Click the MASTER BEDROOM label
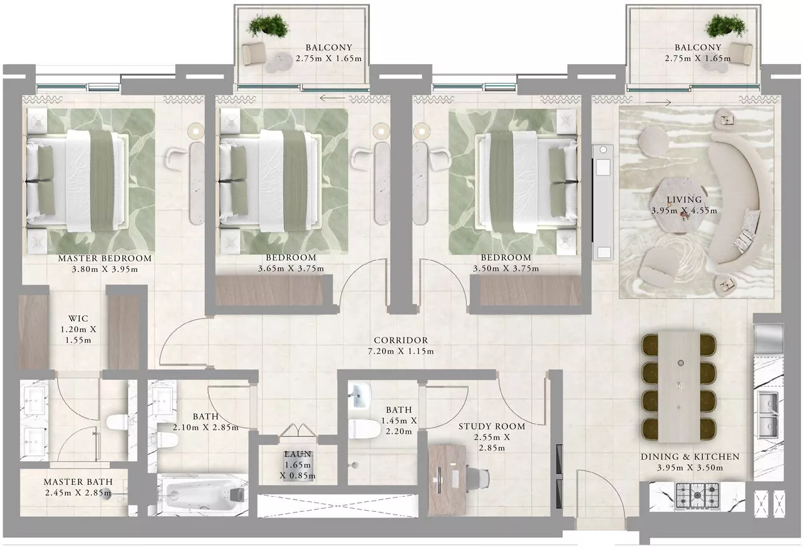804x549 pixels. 105,258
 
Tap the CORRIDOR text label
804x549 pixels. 401,340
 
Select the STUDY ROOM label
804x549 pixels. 492,427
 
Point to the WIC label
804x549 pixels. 79,318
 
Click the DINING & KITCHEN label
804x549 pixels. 690,457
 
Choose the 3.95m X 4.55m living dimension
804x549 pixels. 685,211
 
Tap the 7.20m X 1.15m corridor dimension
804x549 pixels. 401,351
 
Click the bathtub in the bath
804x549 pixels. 203,496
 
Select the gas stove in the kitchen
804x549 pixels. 697,496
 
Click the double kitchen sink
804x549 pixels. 768,415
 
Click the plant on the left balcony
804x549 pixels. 268,26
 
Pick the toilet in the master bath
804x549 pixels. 117,422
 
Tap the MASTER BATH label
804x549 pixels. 79,482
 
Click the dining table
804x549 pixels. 679,386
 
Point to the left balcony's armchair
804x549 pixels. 253,53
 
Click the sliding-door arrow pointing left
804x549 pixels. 332,97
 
